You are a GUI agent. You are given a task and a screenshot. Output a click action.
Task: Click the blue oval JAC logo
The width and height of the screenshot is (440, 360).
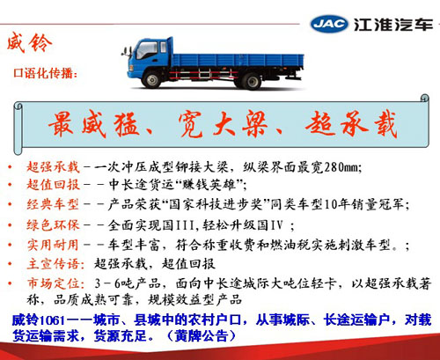pyautogui.click(x=329, y=24)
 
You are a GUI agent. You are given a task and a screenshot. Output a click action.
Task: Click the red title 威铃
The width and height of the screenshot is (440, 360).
pyautogui.click(x=29, y=43)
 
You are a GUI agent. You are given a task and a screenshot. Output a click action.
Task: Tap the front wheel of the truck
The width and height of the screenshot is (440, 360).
pyautogui.click(x=151, y=79)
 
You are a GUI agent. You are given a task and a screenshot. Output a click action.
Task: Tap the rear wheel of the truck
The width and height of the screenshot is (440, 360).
pyautogui.click(x=252, y=81)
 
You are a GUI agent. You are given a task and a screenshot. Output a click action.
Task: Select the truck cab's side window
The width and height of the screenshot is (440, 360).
pyautogui.click(x=147, y=50)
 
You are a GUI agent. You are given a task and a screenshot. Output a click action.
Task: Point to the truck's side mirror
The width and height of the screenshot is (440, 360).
pyautogui.click(x=126, y=52)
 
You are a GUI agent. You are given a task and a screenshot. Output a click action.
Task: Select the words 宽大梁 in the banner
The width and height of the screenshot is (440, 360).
pyautogui.click(x=223, y=124)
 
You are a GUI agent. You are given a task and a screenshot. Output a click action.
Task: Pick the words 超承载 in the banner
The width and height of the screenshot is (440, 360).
pyautogui.click(x=351, y=124)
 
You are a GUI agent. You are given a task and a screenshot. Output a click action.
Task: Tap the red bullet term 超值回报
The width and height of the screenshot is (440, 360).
pyautogui.click(x=53, y=185)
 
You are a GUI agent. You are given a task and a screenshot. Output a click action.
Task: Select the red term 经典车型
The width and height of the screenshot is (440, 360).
pyautogui.click(x=53, y=204)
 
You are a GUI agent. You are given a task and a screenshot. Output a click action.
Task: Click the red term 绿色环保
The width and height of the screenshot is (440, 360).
pyautogui.click(x=53, y=225)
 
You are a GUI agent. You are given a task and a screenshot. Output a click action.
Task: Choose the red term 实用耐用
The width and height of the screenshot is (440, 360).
pyautogui.click(x=53, y=245)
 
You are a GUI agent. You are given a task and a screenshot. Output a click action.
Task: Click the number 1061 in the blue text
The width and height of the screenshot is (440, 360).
pyautogui.click(x=51, y=320)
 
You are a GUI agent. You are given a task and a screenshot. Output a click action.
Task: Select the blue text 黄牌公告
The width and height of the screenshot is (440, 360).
pyautogui.click(x=202, y=335)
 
